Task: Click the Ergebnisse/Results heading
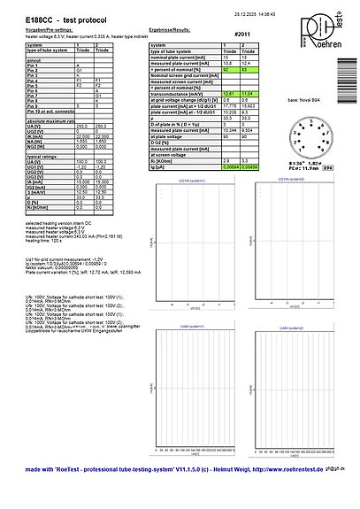[x=172, y=29]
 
